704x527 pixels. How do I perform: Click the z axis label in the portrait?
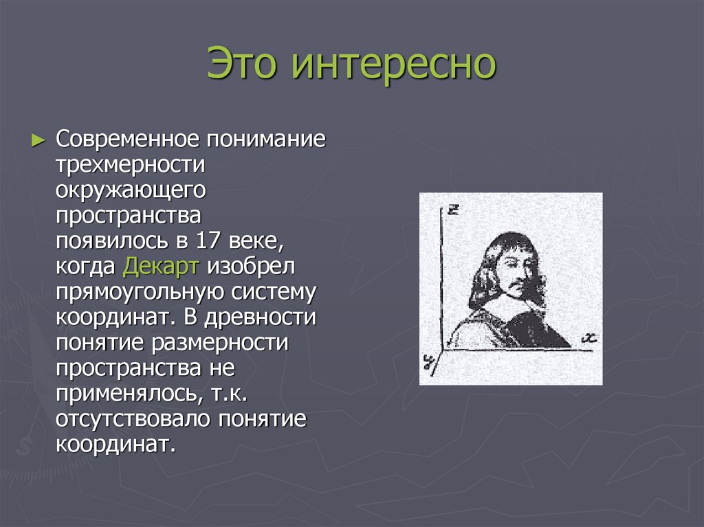point(452,210)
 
